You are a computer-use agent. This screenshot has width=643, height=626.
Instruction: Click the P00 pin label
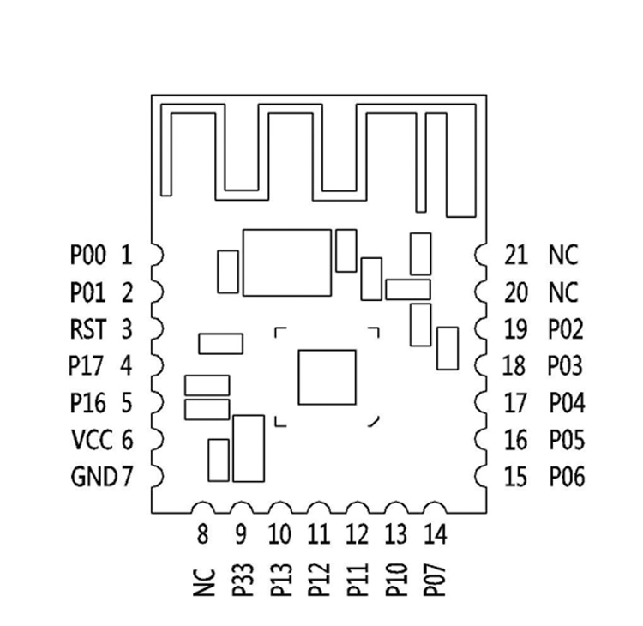click(87, 255)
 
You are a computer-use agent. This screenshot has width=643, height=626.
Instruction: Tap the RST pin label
click(87, 328)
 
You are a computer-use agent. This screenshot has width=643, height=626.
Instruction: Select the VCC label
click(92, 440)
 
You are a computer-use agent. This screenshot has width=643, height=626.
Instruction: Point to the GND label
click(93, 477)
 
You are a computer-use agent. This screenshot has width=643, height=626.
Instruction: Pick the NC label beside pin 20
click(563, 292)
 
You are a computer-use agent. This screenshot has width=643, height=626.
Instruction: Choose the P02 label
click(566, 329)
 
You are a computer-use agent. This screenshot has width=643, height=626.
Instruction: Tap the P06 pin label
click(567, 477)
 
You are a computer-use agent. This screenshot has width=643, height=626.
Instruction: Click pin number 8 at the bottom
click(202, 535)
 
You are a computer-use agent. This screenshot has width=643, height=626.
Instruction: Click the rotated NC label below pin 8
click(203, 583)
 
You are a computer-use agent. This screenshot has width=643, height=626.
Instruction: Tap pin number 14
click(434, 535)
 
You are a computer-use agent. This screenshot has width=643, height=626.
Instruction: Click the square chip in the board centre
click(327, 376)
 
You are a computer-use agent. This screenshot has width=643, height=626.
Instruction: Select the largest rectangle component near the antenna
click(286, 262)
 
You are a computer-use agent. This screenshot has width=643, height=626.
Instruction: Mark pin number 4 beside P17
click(126, 366)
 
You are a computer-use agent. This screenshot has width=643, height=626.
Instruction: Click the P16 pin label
click(87, 402)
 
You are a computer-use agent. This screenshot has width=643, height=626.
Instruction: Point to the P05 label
click(567, 440)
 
